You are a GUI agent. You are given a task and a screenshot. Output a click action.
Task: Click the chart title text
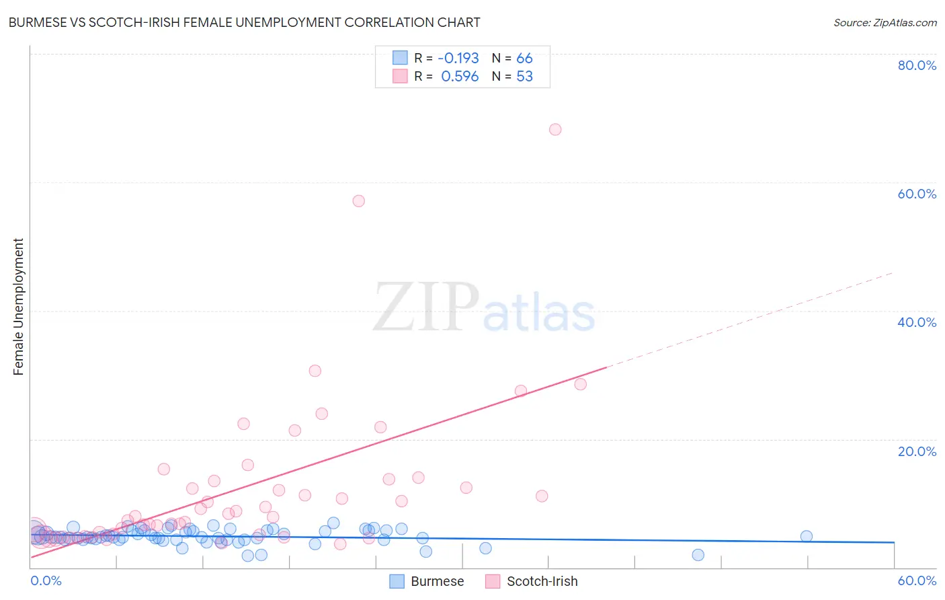tap(244, 22)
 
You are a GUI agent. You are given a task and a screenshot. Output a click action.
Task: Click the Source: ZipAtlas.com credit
tap(885, 22)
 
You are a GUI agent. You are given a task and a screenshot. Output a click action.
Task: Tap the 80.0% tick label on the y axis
tap(917, 65)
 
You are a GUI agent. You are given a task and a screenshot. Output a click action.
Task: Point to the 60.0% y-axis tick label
tap(917, 194)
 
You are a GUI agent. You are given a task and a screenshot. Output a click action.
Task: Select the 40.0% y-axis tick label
tap(917, 322)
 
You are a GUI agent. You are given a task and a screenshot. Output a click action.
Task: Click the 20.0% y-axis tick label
tap(917, 451)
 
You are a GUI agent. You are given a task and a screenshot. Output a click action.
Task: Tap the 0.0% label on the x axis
tap(46, 580)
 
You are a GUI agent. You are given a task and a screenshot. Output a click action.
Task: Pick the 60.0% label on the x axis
tap(917, 580)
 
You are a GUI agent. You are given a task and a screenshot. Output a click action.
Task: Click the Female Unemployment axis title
tap(18, 307)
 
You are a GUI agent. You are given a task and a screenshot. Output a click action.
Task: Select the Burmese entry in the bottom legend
tap(437, 581)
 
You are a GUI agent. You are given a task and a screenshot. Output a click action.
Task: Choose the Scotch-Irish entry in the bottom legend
tap(542, 581)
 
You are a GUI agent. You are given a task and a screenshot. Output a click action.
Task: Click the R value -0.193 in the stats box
tap(458, 58)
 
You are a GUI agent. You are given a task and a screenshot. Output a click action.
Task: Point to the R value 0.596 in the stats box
tap(460, 77)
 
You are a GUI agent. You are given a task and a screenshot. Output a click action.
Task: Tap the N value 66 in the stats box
tap(524, 58)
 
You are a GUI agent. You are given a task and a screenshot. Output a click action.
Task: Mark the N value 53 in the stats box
tap(524, 77)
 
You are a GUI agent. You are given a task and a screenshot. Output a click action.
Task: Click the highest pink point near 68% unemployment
tap(555, 129)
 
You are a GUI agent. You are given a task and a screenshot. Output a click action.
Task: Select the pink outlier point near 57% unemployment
tap(359, 201)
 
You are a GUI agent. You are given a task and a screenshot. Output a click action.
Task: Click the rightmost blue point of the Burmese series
tap(807, 536)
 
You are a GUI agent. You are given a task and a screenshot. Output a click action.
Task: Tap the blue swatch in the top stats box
tap(400, 58)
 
